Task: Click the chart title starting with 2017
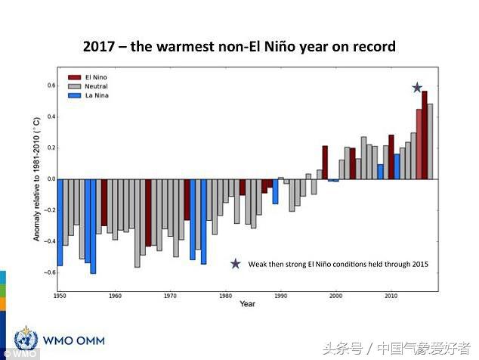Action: (x=239, y=46)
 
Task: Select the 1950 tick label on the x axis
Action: (x=60, y=295)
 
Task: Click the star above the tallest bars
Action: (x=417, y=88)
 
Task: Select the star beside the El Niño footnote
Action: (x=236, y=264)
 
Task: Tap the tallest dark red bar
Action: (x=425, y=135)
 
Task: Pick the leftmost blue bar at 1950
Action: (x=60, y=222)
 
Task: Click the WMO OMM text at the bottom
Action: (x=73, y=340)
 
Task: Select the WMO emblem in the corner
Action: (x=26, y=339)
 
